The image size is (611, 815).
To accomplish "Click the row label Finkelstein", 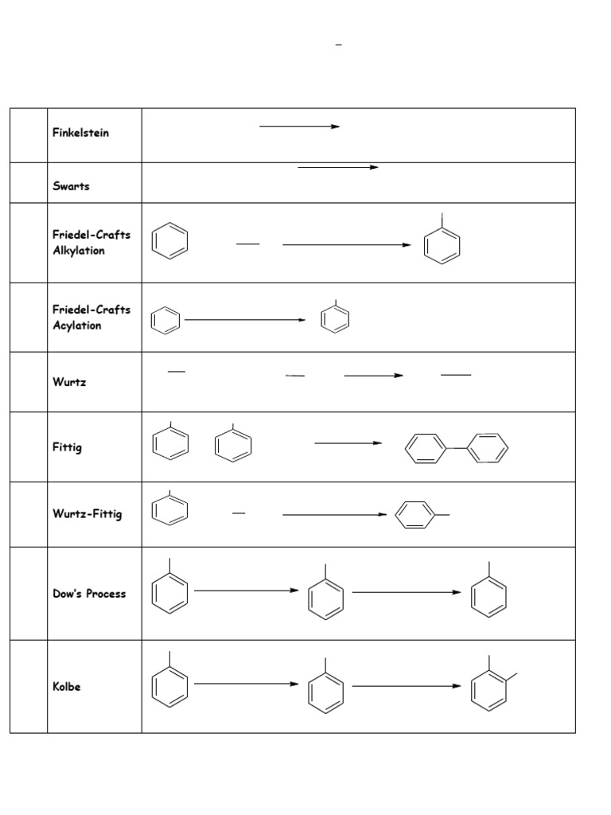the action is (x=80, y=133).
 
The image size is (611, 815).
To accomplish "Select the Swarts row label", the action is (x=71, y=186).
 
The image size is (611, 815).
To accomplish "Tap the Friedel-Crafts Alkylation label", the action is (x=91, y=243).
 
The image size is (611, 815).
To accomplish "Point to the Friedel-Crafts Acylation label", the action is (x=91, y=318).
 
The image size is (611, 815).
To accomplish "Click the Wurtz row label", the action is (x=69, y=382).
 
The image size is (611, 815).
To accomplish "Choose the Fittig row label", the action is (x=67, y=447).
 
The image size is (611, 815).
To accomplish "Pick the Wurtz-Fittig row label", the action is (x=88, y=514).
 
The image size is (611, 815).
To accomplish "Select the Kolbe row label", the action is (x=67, y=687).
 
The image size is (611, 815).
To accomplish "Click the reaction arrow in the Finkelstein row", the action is (x=299, y=127).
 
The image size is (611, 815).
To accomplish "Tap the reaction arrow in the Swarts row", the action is (x=337, y=168).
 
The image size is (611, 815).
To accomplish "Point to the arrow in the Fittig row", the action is (x=348, y=443).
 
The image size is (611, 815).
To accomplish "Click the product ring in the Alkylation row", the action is (x=442, y=245).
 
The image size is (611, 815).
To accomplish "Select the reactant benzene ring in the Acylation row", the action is (x=165, y=321).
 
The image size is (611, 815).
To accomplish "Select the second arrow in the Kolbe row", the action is (x=406, y=685).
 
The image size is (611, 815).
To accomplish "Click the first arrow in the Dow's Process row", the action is (x=246, y=591).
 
